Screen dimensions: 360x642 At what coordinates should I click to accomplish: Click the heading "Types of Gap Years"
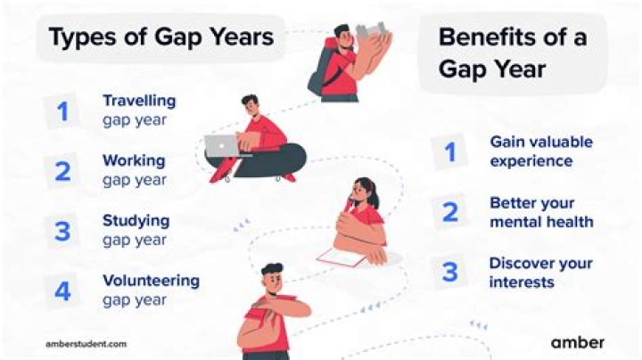click(x=160, y=38)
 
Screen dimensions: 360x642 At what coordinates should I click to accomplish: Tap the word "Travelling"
click(x=138, y=101)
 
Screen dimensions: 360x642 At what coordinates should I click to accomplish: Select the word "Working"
click(x=133, y=161)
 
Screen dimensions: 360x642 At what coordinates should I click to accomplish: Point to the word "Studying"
click(x=136, y=220)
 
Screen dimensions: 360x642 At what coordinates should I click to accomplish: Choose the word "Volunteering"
click(x=151, y=281)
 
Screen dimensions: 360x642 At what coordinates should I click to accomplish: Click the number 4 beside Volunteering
click(x=62, y=290)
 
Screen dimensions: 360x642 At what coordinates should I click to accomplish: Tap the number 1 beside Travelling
click(x=62, y=110)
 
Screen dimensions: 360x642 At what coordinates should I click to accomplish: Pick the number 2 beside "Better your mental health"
click(x=449, y=212)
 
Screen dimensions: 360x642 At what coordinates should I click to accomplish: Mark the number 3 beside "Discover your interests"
click(x=449, y=272)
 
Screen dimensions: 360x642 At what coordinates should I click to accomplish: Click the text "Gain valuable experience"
click(x=540, y=151)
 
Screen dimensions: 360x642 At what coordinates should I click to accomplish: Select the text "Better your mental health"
click(x=540, y=212)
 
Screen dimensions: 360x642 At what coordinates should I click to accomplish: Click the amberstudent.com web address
click(x=86, y=342)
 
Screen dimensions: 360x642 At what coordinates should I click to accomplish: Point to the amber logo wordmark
click(x=577, y=341)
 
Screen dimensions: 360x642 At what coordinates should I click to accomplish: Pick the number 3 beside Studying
click(x=62, y=231)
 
